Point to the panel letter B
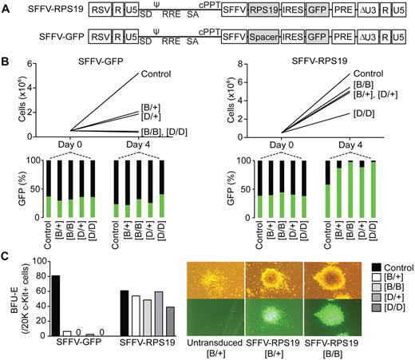6,60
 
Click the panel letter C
6,257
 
